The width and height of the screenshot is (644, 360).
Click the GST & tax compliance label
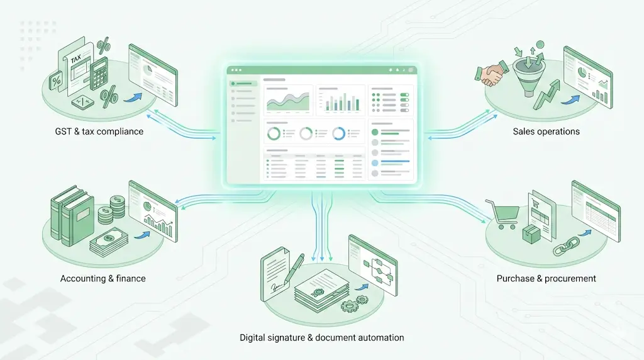[99, 132]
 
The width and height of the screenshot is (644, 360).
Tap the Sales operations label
[546, 132]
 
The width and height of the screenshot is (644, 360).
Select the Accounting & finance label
[103, 279]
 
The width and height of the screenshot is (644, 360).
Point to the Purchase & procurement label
[546, 279]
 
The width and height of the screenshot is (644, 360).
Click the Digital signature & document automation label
[322, 338]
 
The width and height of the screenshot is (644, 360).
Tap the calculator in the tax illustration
[98, 74]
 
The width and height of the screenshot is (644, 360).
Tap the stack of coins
[116, 208]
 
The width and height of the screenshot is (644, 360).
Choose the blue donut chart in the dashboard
[338, 133]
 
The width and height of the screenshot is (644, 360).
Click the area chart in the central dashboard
[287, 101]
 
